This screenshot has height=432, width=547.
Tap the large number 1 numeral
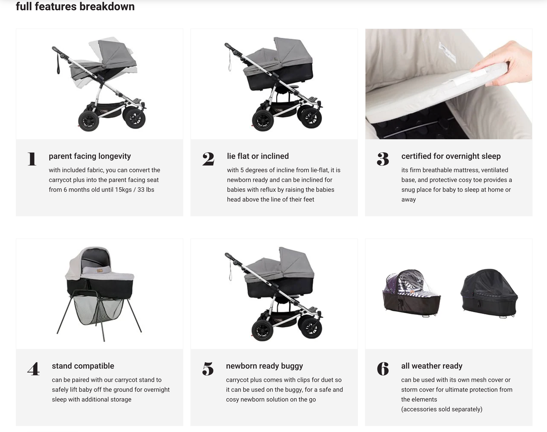tap(32, 159)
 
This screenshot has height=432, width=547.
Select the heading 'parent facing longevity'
tap(90, 156)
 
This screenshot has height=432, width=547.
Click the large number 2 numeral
tap(208, 159)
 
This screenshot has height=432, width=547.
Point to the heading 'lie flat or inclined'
tap(258, 156)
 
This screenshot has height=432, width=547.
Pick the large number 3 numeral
tap(383, 159)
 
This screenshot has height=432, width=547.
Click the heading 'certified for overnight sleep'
tap(451, 156)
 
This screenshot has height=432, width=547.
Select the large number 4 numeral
tap(33, 369)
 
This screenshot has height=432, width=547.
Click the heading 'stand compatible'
tap(83, 366)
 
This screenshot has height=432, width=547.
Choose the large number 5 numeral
tap(208, 369)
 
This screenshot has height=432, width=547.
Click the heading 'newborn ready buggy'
tap(264, 366)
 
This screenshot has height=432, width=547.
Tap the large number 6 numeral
tap(383, 369)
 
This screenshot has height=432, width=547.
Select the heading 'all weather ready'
tap(432, 366)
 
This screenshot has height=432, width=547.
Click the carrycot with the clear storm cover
tap(412, 293)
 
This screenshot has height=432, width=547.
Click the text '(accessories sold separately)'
tap(442, 409)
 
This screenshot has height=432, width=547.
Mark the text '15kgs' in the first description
tap(123, 190)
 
